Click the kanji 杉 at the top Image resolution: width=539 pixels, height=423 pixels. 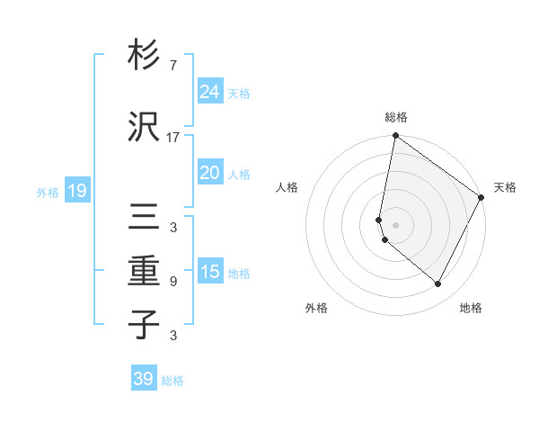pyautogui.click(x=144, y=54)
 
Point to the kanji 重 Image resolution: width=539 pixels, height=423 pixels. pyautogui.click(x=144, y=271)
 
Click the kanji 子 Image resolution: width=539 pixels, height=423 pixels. pyautogui.click(x=144, y=325)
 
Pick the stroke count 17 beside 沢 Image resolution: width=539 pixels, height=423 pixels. pyautogui.click(x=173, y=138)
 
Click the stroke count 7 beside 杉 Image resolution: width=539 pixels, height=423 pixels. pyautogui.click(x=173, y=66)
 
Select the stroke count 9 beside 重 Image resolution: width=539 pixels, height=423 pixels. pyautogui.click(x=173, y=282)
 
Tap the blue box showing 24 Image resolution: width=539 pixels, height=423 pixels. pyautogui.click(x=209, y=92)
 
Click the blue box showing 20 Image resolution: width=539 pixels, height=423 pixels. pyautogui.click(x=209, y=173)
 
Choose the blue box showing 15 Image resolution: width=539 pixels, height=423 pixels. pyautogui.click(x=209, y=272)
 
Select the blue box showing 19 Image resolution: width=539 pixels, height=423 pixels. pyautogui.click(x=76, y=191)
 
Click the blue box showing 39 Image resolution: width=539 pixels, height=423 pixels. pyautogui.click(x=144, y=379)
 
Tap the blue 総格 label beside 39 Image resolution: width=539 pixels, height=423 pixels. pyautogui.click(x=172, y=381)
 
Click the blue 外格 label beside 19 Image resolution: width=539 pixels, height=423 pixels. pyautogui.click(x=48, y=192)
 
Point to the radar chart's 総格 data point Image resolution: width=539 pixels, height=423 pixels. pyautogui.click(x=395, y=137)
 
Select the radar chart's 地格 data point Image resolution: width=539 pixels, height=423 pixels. pyautogui.click(x=438, y=284)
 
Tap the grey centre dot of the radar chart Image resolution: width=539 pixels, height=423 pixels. pyautogui.click(x=395, y=224)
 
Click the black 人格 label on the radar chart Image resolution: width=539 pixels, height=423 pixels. pyautogui.click(x=287, y=187)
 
